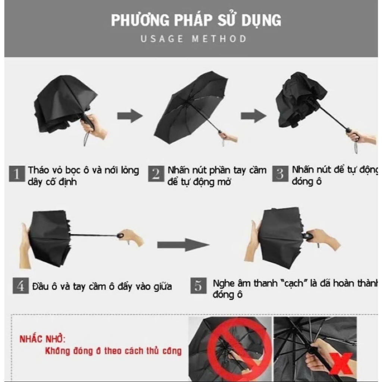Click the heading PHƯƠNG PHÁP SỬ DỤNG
196,20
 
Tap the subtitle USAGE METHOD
194,39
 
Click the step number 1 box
17,174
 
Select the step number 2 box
156,174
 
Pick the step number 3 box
280,174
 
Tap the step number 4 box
21,285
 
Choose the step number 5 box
198,285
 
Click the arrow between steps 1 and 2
130,116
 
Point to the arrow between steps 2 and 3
254,116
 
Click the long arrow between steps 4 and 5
183,245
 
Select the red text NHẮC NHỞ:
43,339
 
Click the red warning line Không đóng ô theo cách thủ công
113,351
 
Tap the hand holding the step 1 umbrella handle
94,127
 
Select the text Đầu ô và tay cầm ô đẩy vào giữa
102,286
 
